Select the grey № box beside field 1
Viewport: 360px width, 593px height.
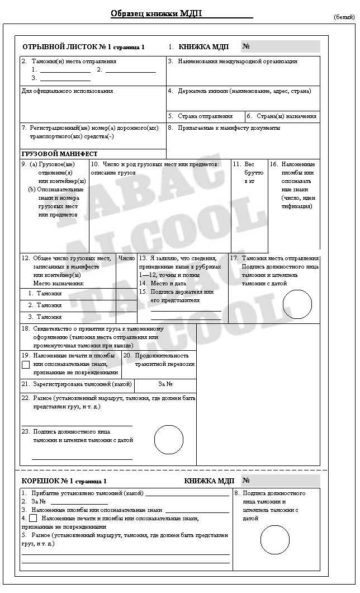pyautogui.click(x=281, y=47)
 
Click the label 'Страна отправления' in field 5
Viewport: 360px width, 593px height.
pyautogui.click(x=205, y=116)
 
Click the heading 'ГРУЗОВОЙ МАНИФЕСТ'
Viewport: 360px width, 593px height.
pyautogui.click(x=60, y=154)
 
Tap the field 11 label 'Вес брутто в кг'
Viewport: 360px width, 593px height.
pyautogui.click(x=249, y=173)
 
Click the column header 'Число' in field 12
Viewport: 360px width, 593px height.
pyautogui.click(x=127, y=258)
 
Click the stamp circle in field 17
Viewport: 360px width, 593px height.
pyautogui.click(x=297, y=304)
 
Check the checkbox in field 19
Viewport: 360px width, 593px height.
pyautogui.click(x=26, y=364)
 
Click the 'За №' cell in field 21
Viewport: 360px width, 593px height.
pyautogui.click(x=165, y=384)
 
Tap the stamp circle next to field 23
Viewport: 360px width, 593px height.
pyautogui.click(x=169, y=440)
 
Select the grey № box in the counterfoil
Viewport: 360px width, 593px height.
pyautogui.click(x=281, y=481)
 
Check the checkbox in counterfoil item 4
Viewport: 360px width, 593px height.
pyautogui.click(x=33, y=518)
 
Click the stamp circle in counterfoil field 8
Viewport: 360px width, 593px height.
pyautogui.click(x=275, y=540)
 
